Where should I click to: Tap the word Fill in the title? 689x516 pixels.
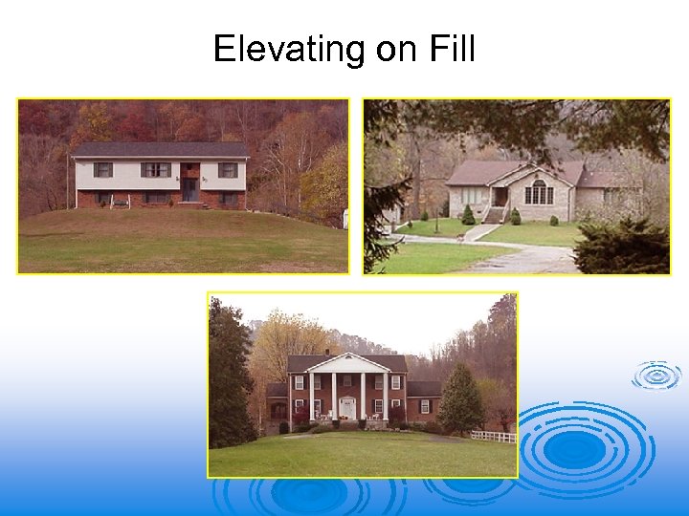coord(449,49)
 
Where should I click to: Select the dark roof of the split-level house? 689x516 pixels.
coord(161,150)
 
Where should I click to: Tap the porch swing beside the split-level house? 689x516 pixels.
coord(121,201)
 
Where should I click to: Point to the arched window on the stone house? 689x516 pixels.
coord(539,192)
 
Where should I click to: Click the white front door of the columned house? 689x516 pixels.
coord(347,408)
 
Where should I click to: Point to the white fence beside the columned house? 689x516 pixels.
coord(494,437)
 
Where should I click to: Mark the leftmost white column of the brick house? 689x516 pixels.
coord(311,395)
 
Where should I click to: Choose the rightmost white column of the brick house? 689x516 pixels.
coord(385,395)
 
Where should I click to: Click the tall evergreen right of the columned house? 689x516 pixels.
coord(460,400)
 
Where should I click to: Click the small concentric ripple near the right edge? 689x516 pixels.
coord(656,376)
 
